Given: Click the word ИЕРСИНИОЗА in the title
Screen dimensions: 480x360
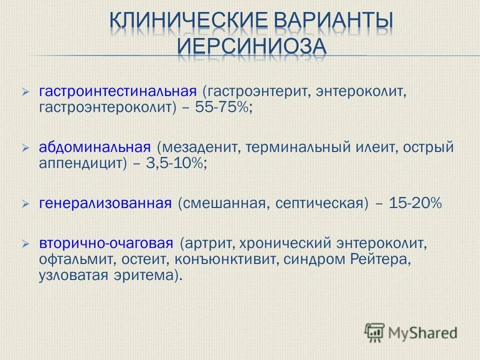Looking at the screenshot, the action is click(x=251, y=47).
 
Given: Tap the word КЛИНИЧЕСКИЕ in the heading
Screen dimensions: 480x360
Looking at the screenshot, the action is click(x=188, y=20).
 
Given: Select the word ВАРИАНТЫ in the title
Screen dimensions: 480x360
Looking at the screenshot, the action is click(x=334, y=20).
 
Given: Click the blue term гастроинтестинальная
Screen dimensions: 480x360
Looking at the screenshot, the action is click(x=118, y=91).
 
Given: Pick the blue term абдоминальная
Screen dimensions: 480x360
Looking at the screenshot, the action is click(x=95, y=147).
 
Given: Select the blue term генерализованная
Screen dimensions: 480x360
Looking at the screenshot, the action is click(x=106, y=203).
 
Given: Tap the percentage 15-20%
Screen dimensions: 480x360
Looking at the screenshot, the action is click(x=415, y=203).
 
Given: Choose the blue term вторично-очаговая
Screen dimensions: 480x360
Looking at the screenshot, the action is click(x=106, y=244).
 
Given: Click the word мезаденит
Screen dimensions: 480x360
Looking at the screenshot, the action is click(x=200, y=147).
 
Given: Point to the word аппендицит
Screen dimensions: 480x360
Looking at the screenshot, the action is click(x=81, y=164).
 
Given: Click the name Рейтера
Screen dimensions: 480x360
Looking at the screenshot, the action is click(x=379, y=260).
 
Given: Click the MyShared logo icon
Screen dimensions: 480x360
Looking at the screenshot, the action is click(x=374, y=332).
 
